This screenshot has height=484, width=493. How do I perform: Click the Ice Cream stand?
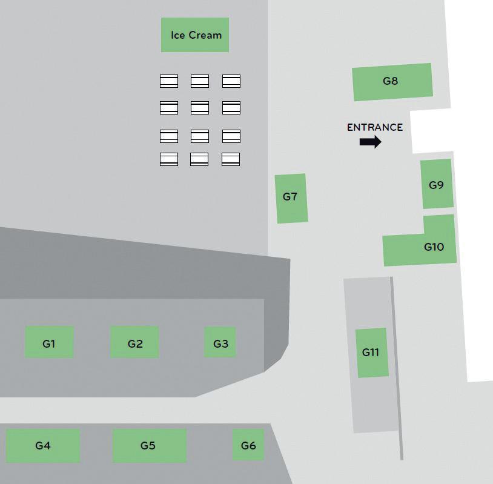point(195,35)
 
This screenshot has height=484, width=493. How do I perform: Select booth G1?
point(49,342)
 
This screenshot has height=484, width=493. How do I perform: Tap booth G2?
point(134,342)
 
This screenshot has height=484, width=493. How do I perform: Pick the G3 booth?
point(220,342)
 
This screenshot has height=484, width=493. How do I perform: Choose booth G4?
point(42,446)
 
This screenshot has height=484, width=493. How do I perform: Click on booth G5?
point(149,446)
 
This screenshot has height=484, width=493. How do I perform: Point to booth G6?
point(248,445)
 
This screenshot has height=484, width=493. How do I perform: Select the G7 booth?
point(291,198)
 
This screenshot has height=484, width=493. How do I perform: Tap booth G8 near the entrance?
point(392,82)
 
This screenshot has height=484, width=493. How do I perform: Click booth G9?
point(437,184)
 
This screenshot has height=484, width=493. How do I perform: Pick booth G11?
point(371,353)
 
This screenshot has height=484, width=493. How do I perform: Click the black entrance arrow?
point(370,142)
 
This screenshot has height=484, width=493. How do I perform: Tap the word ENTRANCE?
point(374,127)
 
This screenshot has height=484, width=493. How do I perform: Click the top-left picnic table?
point(169,81)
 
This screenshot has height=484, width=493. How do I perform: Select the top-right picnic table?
point(231,81)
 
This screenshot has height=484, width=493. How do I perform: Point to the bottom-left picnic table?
point(169,159)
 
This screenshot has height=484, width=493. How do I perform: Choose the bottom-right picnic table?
point(231,159)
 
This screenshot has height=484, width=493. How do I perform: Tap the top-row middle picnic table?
point(200,81)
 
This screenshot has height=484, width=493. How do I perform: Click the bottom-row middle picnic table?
point(199,159)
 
